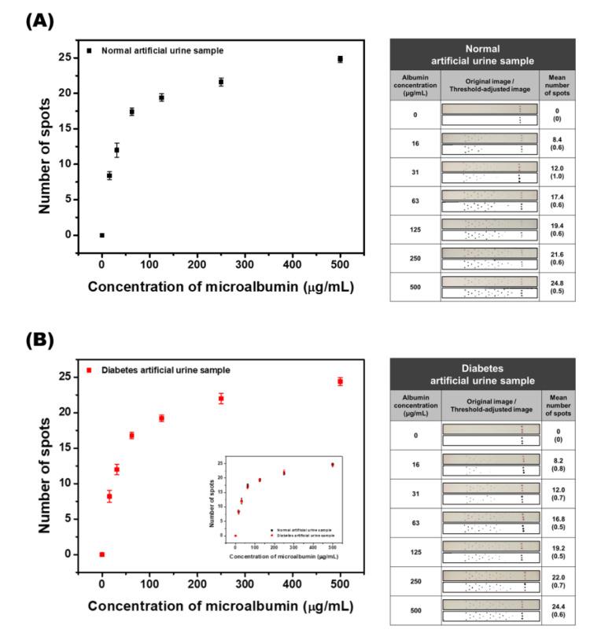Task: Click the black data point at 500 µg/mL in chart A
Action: tap(340, 59)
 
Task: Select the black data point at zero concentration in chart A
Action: tap(101, 234)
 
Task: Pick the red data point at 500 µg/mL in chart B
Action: tap(340, 381)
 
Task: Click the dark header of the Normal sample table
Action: tap(489, 55)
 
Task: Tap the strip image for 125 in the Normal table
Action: tap(489, 229)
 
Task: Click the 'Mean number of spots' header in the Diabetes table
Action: tap(551, 404)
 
